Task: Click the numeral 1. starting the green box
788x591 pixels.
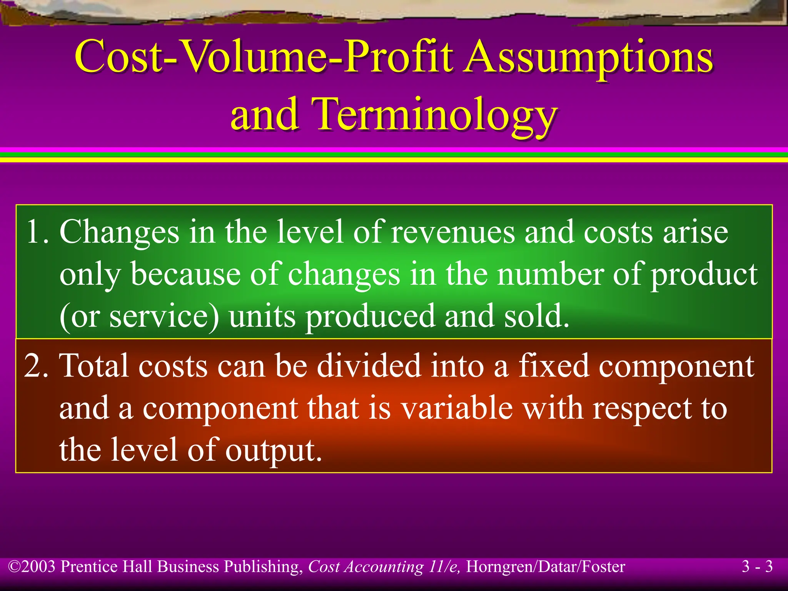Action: (x=37, y=232)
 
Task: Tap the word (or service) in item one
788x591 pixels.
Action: (x=139, y=316)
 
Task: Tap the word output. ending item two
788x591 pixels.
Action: (x=273, y=450)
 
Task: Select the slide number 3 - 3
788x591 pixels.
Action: (x=757, y=567)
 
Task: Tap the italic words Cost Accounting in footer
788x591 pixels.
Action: (x=366, y=567)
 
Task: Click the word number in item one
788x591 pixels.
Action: (x=550, y=274)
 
